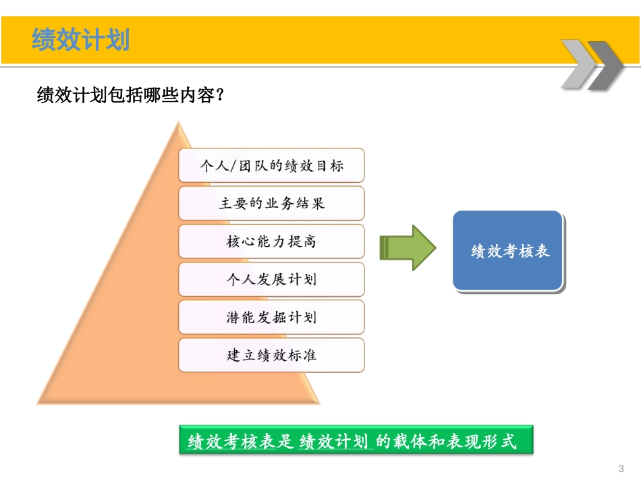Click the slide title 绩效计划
click(80, 40)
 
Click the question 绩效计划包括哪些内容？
click(130, 96)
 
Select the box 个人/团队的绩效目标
click(271, 165)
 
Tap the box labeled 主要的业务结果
click(271, 203)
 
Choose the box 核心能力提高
click(271, 241)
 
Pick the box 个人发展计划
click(271, 279)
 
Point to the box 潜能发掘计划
click(271, 317)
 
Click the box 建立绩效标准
click(271, 355)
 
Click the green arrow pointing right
click(408, 248)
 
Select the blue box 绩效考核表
click(509, 251)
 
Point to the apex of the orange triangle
click(178, 123)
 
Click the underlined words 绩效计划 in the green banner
click(335, 442)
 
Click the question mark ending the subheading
click(218, 96)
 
